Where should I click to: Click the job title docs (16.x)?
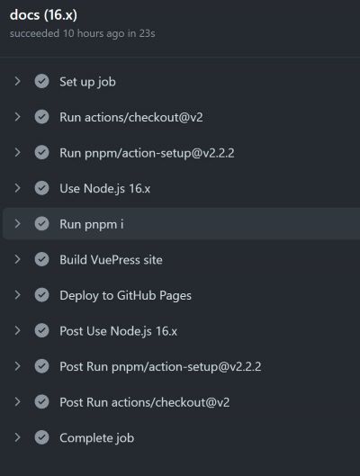[43, 15]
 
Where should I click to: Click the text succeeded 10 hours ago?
[67, 33]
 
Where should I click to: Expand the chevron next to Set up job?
[18, 81]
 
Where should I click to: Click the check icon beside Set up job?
[41, 81]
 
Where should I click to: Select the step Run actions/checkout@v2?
[131, 117]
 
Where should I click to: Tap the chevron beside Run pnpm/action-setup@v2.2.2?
[18, 152]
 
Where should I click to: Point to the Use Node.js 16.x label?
[104, 189]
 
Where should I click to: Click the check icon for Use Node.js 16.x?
[41, 188]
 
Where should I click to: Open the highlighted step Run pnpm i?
[92, 224]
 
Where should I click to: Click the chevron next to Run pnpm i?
[18, 224]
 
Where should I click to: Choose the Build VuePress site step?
[111, 260]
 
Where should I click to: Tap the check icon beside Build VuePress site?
[41, 259]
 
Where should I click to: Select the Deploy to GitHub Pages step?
[125, 296]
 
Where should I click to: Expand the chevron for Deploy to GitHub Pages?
[18, 295]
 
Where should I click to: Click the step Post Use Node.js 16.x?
[118, 331]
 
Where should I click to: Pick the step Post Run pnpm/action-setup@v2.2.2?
[160, 367]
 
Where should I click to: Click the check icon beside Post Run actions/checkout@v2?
[41, 401]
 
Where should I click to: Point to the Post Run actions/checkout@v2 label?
[145, 402]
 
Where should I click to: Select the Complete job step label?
[96, 438]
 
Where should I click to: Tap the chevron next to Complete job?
[18, 437]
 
